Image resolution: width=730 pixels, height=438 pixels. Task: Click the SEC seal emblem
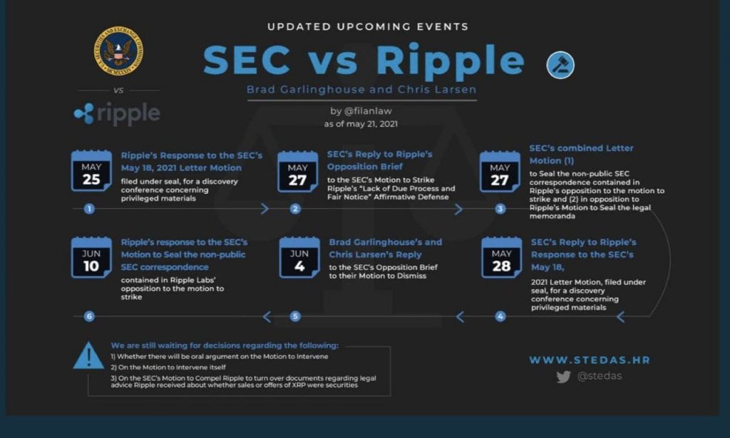coord(118,51)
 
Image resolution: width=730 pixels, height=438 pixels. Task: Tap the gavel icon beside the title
coord(560,65)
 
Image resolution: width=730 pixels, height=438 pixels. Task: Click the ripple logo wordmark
coord(117,113)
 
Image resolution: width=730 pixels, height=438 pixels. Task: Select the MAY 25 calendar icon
coord(91,171)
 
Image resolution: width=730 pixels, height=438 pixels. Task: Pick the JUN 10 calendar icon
coord(91,257)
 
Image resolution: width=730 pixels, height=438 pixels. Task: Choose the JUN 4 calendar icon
coord(299,257)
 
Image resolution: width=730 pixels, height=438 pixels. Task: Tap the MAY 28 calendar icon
coord(501,257)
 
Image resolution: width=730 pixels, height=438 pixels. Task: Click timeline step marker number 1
coord(89,209)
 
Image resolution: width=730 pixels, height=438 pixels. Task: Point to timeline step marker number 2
coord(295,209)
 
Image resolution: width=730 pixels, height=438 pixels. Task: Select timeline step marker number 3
coord(500,209)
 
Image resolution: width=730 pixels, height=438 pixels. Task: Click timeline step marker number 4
coord(500,317)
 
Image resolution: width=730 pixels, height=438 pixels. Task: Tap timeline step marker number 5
coord(295,317)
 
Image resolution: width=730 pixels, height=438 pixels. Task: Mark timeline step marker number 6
coord(89,317)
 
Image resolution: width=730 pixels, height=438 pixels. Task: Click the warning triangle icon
coord(88,356)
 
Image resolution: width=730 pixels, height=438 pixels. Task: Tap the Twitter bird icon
coord(563,376)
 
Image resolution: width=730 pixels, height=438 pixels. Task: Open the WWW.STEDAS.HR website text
coord(590,360)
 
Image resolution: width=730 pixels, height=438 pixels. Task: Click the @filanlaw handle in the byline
coord(368,111)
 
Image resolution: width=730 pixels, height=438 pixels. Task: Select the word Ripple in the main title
coord(451,61)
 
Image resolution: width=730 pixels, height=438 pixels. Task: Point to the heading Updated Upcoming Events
coord(368,26)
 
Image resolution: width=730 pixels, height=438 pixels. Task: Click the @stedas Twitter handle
coord(600,376)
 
